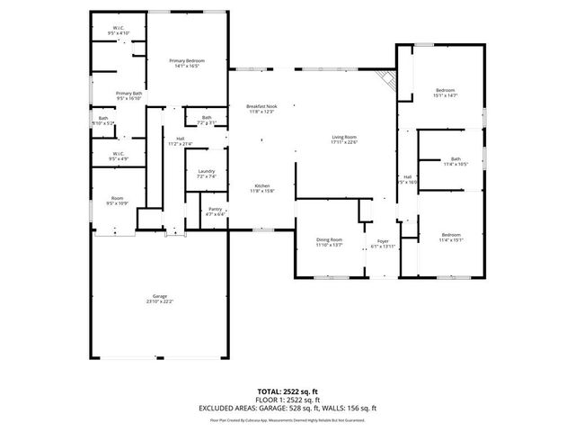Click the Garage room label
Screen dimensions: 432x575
coord(159,299)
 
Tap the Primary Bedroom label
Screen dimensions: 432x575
coord(189,63)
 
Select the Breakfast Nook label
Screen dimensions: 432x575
coord(262,109)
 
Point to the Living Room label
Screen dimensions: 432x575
coord(344,139)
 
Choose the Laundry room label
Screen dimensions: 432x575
coord(206,174)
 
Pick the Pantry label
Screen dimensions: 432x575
coord(215,211)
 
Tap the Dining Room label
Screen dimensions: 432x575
coord(329,242)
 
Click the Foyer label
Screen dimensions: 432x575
coord(383,244)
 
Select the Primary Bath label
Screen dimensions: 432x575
coord(128,96)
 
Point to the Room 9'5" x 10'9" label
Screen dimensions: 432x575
coord(117,201)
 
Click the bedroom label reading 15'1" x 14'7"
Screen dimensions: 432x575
coord(446,93)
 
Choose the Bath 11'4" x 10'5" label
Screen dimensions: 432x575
coord(455,162)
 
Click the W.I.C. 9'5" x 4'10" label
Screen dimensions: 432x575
coord(119,31)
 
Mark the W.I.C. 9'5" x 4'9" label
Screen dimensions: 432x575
coord(119,157)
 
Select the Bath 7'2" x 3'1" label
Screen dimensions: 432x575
coord(207,120)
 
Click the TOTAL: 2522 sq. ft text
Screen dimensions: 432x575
coord(287,392)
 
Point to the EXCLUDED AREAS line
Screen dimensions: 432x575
coord(287,408)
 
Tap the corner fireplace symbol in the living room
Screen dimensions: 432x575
coord(387,79)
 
